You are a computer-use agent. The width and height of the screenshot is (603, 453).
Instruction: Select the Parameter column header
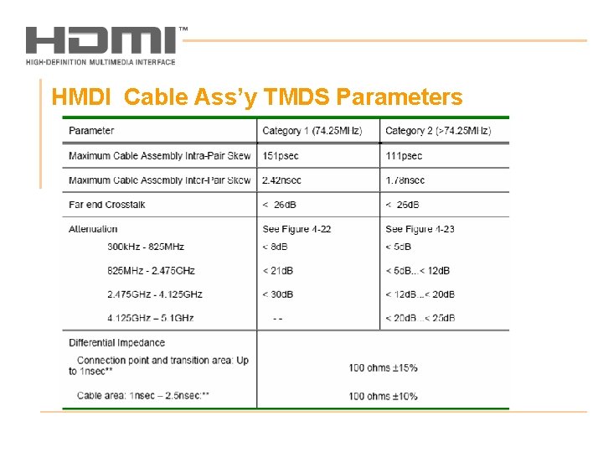[x=91, y=131]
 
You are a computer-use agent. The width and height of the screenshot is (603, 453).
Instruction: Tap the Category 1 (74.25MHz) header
[x=312, y=131]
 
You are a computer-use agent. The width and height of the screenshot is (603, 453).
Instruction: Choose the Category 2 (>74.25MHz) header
[x=438, y=131]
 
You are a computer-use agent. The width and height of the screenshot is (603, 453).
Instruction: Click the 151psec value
[x=281, y=156]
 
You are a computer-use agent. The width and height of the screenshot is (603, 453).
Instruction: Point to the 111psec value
[x=404, y=156]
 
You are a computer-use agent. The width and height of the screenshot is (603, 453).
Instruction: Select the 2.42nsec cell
[x=281, y=180]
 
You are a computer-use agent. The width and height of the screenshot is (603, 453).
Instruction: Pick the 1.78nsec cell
[x=405, y=180]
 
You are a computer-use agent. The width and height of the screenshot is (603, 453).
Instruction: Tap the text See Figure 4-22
[x=296, y=229]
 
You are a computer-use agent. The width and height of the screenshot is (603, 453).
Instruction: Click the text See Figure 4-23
[x=420, y=229]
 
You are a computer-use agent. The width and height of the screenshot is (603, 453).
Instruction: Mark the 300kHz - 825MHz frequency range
[x=146, y=247]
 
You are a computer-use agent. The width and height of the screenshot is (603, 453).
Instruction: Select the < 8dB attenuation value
[x=276, y=247]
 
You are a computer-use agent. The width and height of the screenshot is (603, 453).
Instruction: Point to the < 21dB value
[x=278, y=271]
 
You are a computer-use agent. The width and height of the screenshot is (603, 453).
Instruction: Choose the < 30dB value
[x=278, y=294]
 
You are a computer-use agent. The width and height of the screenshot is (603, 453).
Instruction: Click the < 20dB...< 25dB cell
[x=420, y=318]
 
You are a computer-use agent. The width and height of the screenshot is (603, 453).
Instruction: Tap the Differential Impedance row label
[x=116, y=342]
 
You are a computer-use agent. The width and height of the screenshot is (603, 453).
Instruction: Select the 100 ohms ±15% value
[x=383, y=368]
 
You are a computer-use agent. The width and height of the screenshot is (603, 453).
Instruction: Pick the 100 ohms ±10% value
[x=383, y=396]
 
